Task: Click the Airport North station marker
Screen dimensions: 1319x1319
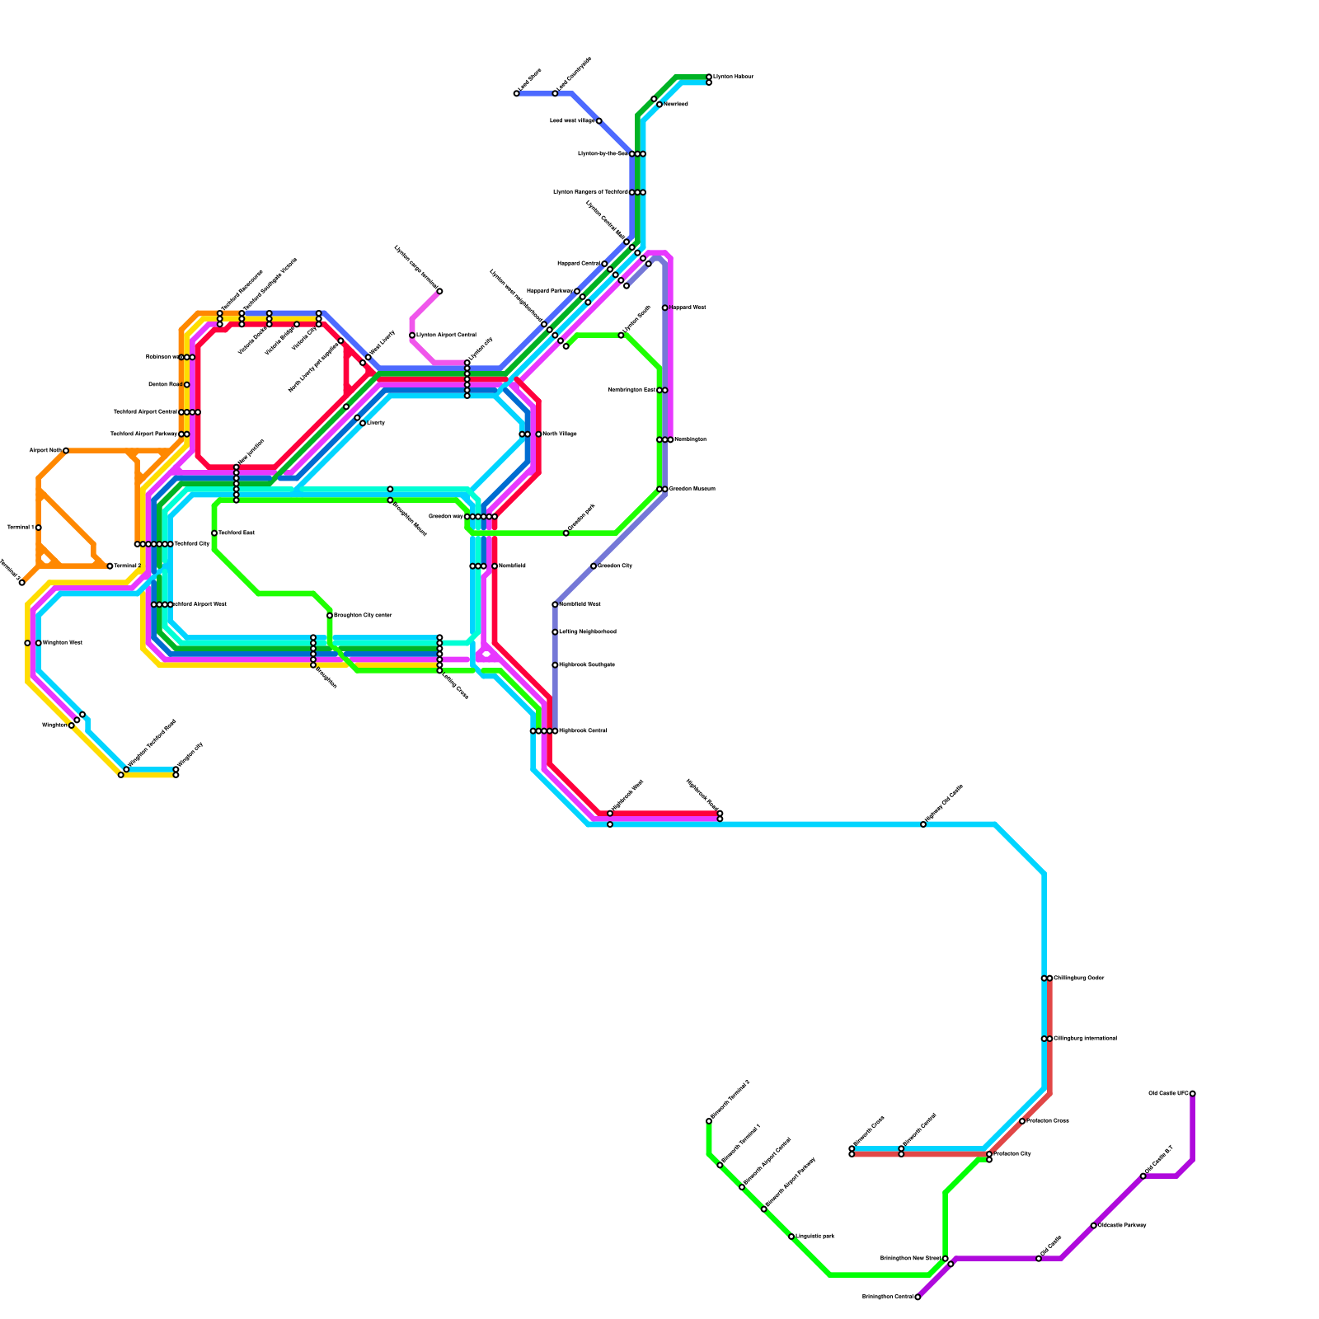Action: pyautogui.click(x=66, y=450)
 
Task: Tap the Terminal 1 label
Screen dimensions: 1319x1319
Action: pyautogui.click(x=20, y=527)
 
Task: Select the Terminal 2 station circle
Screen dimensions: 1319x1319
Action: pyautogui.click(x=110, y=566)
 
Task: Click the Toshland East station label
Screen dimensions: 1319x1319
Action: pyautogui.click(x=237, y=533)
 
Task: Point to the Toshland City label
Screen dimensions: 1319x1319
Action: pyautogui.click(x=191, y=544)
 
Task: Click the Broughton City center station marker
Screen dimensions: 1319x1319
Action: pyautogui.click(x=330, y=615)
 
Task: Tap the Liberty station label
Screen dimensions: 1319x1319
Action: pyautogui.click(x=376, y=423)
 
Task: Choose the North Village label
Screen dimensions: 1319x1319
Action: pyautogui.click(x=560, y=434)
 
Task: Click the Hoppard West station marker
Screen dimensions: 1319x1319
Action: pyautogui.click(x=664, y=307)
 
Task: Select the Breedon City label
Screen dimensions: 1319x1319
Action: pyautogui.click(x=615, y=566)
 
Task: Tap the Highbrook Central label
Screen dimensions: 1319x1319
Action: pyautogui.click(x=584, y=730)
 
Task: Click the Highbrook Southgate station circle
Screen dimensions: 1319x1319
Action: pyautogui.click(x=555, y=664)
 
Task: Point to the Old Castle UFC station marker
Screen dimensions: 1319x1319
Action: pyautogui.click(x=1192, y=1093)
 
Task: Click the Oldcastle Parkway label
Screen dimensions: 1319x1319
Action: pyautogui.click(x=1123, y=1225)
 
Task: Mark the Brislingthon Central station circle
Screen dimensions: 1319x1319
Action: pyautogui.click(x=918, y=1297)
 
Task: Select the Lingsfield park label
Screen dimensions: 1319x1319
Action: pyautogui.click(x=815, y=1237)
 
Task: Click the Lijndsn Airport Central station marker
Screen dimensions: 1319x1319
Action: pyautogui.click(x=412, y=335)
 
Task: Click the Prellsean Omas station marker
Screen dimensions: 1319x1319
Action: pyautogui.click(x=1022, y=1121)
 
